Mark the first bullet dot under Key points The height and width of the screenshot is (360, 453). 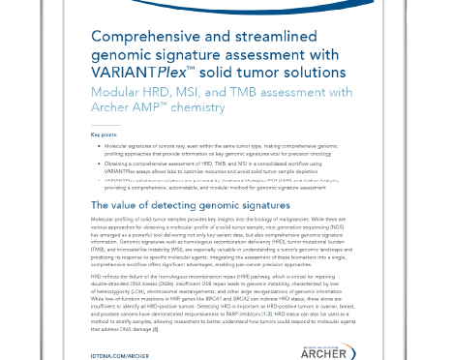point(97,153)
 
